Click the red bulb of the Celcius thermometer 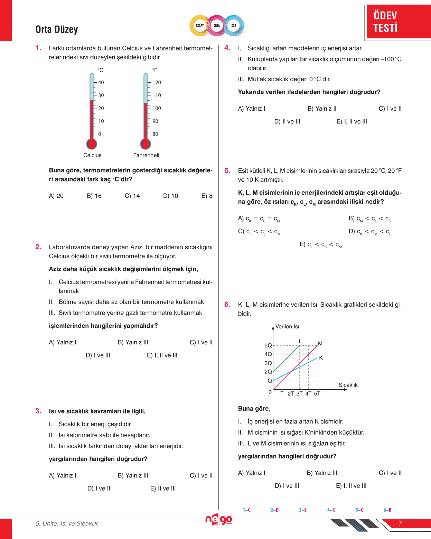click(x=92, y=144)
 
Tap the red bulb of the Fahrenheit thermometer click(x=146, y=144)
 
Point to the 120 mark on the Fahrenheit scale click(x=157, y=83)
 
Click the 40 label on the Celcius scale click(x=101, y=83)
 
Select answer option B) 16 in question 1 click(x=94, y=196)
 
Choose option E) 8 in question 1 click(x=207, y=196)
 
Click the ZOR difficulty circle click(x=234, y=26)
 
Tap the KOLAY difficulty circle click(x=200, y=26)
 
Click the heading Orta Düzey click(x=57, y=29)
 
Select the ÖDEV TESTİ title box click(x=398, y=21)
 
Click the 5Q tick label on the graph click(x=268, y=345)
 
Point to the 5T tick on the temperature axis click(x=317, y=394)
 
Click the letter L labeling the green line click(x=300, y=342)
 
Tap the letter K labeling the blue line click(x=321, y=358)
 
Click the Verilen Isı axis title click(x=287, y=327)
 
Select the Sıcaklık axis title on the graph click(x=348, y=385)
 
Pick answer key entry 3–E click(x=303, y=510)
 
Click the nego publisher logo click(x=218, y=519)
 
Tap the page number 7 click(x=400, y=523)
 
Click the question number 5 click(x=227, y=170)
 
